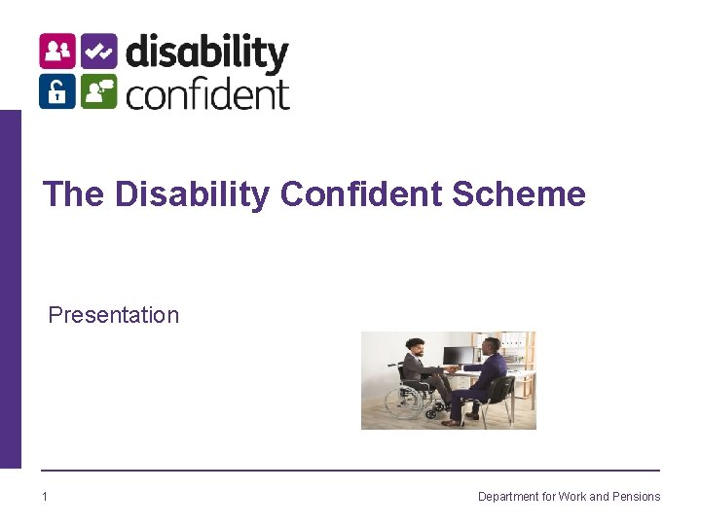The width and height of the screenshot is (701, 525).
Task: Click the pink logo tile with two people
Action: [x=57, y=52]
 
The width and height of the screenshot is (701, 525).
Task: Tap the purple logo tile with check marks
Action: [x=98, y=52]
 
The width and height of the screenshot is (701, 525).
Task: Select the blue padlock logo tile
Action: [x=57, y=91]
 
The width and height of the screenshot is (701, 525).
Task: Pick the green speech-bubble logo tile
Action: [x=98, y=91]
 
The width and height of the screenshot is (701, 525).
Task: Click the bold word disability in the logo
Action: [x=206, y=53]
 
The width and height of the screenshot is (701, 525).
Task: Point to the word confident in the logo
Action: [x=207, y=93]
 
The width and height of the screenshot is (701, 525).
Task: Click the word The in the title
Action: [x=73, y=194]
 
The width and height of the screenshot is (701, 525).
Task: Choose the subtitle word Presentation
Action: [x=114, y=315]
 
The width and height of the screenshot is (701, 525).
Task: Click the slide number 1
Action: [x=45, y=497]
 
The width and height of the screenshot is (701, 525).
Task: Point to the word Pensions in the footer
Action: [x=636, y=497]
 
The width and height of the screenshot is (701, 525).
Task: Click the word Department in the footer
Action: [x=508, y=497]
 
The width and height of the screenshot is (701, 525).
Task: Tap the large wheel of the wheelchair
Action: [x=408, y=401]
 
